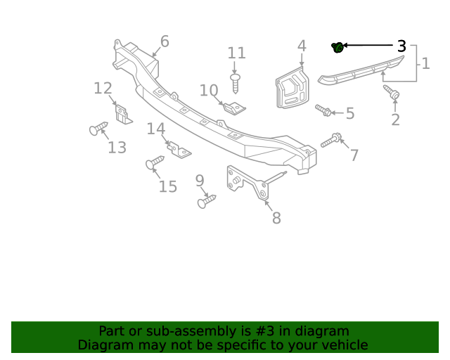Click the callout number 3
point(401,46)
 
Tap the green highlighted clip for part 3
point(337,48)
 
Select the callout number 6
point(165,41)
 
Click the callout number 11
point(236,53)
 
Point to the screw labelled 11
point(236,82)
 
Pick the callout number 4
point(302,46)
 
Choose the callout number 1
point(425,64)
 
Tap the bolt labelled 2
point(392,92)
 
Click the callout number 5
point(349,113)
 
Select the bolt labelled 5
point(323,110)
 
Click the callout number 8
point(276,218)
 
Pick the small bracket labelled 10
point(234,107)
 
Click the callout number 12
point(103,88)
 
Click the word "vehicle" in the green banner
point(344,345)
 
